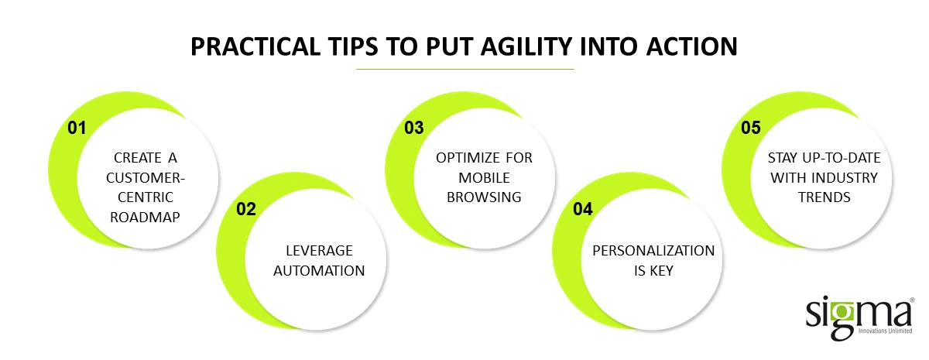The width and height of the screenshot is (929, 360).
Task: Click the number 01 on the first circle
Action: tap(76, 129)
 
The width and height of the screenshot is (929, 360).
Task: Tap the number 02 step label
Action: tap(245, 209)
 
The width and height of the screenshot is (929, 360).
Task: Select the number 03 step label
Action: tap(414, 129)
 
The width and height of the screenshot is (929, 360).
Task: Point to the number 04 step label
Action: tap(583, 209)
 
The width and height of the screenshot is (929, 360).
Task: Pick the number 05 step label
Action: tap(751, 129)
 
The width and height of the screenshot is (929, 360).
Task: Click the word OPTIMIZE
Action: tap(463, 157)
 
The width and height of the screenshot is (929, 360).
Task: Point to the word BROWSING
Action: tap(484, 197)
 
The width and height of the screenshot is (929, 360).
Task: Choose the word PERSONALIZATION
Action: tap(653, 251)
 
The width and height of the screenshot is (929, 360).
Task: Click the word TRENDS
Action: tap(823, 197)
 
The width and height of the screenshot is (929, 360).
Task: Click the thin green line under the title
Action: tap(464, 70)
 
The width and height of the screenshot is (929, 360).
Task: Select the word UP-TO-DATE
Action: tap(839, 157)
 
